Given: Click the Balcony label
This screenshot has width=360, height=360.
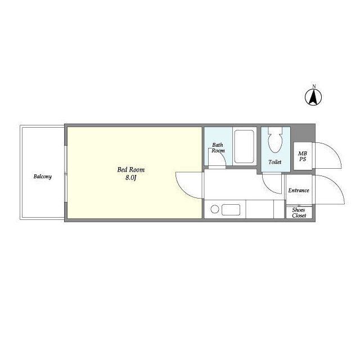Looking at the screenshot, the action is pos(43,177).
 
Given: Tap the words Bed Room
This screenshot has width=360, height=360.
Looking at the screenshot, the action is pos(131,170).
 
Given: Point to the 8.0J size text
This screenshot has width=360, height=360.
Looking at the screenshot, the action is pos(131,178).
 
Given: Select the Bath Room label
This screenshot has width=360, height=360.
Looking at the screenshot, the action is pos(218,147).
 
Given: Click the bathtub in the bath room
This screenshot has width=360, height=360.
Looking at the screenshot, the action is pos(244,146).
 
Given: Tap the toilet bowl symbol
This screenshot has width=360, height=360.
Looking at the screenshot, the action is pos(275,140).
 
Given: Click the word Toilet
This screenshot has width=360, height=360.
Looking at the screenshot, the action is pos(275,162).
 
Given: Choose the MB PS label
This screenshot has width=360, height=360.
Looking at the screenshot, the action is pos(303,156).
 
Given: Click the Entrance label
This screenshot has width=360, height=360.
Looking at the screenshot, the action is pos(299,190).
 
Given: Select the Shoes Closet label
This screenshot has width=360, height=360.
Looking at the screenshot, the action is pos(299,213).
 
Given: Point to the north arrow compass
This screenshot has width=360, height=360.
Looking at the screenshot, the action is pos(313,97).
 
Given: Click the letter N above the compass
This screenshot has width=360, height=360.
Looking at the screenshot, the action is pos(314,86).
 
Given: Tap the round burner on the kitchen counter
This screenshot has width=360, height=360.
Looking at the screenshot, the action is pos(215,209).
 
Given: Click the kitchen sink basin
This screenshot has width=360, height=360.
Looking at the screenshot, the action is pos(231,210).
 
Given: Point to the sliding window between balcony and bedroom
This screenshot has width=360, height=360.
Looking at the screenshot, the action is pos(66,174).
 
